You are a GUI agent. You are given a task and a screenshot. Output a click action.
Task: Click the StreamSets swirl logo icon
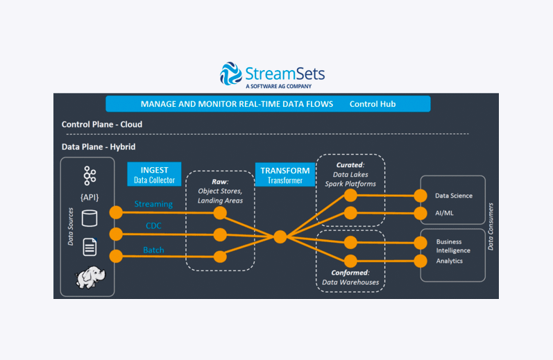tap(231, 74)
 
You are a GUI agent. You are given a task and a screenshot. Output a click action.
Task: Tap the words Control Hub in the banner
tap(373, 104)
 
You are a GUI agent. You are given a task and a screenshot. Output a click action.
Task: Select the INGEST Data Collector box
tap(154, 174)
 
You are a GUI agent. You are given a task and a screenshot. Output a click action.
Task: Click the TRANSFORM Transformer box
tap(285, 175)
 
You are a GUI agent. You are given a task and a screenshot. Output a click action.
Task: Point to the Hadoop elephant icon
tap(90, 277)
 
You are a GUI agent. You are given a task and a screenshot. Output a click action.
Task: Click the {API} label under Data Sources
tap(90, 197)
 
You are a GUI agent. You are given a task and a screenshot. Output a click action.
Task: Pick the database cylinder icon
tap(90, 218)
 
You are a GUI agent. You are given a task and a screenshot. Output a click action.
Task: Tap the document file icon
tap(90, 247)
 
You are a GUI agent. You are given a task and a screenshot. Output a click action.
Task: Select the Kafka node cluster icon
tap(90, 175)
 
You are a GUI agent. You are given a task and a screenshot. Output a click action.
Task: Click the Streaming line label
tap(153, 204)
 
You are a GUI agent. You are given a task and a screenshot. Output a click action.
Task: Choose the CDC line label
tap(153, 225)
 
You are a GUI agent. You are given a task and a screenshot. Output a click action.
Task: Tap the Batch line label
tap(153, 250)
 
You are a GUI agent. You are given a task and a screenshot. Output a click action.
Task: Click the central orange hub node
tap(280, 237)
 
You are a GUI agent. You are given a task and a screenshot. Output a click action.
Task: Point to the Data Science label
tap(454, 196)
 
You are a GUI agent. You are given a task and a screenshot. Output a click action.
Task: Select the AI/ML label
tap(444, 213)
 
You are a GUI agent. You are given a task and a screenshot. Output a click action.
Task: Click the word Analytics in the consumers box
tap(450, 261)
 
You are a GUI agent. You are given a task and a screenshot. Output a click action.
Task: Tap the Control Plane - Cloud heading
tap(102, 124)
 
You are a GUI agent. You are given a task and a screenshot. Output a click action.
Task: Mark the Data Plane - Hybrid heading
tap(99, 146)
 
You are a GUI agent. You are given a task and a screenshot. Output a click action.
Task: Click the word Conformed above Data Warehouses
tap(349, 273)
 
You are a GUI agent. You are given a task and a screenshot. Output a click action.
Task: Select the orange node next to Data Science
tap(420, 196)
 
